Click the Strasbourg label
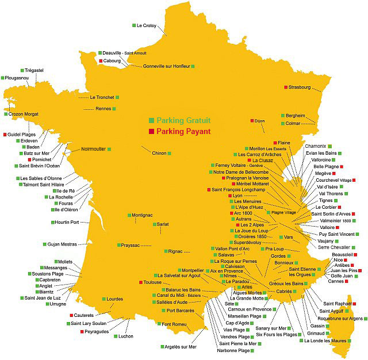300,87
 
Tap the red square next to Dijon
252,121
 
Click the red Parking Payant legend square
151,132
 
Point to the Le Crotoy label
146,25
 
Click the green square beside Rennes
116,108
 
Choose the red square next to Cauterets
72,315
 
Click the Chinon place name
159,153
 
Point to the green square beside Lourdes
102,299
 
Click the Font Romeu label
175,324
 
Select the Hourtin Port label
66,222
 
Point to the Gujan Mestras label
61,244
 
